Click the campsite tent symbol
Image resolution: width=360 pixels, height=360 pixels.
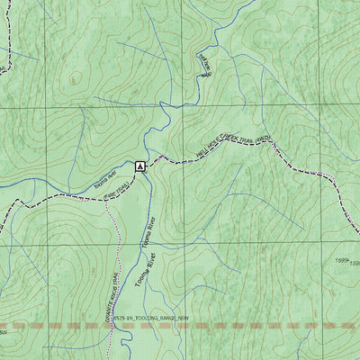click(139, 166)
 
